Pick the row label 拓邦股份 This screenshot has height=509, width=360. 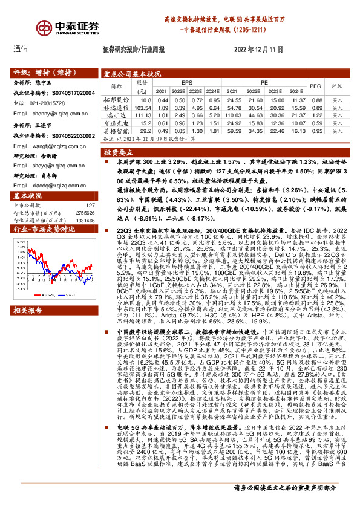click(117, 99)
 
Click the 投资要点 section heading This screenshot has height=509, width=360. click(119, 154)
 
